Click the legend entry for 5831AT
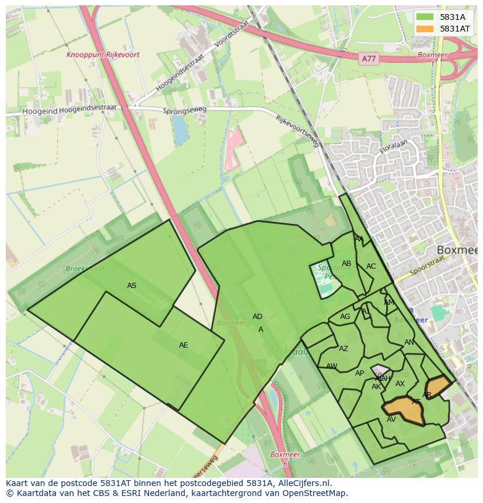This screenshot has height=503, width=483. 455,29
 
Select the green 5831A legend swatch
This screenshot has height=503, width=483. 425,17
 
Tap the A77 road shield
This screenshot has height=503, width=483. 369,58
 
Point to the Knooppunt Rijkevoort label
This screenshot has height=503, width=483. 103,54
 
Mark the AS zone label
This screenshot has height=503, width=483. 132,285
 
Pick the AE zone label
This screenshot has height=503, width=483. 184,345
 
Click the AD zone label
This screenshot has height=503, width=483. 257,317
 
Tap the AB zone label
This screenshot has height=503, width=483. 346,263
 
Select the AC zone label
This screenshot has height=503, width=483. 371,266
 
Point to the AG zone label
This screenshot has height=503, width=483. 345,317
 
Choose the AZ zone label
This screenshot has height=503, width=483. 344,349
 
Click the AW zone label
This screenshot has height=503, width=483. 331,366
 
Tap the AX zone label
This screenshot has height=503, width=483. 400,384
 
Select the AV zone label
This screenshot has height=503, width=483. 391,419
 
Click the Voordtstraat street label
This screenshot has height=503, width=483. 232,33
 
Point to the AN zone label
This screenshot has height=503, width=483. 409,342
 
